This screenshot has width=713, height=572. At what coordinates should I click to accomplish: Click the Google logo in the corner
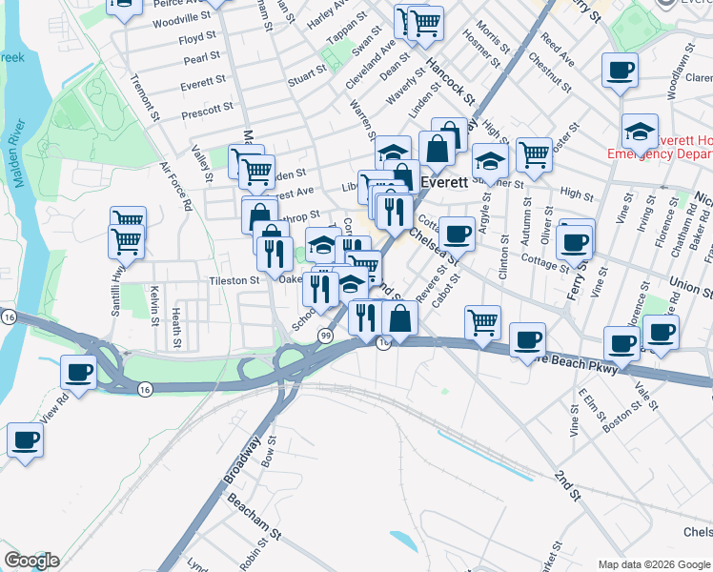click(31, 561)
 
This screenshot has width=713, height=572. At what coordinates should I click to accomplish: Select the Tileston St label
click(234, 281)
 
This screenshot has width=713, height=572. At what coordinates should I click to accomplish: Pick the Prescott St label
click(207, 111)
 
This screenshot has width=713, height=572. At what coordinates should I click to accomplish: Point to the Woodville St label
click(181, 18)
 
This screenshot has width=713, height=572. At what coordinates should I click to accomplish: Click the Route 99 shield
click(326, 336)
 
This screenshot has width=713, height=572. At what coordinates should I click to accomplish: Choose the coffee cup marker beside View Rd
click(77, 373)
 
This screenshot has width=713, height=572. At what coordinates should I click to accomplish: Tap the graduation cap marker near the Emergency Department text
click(640, 132)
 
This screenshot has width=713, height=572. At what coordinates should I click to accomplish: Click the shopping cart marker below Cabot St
click(483, 322)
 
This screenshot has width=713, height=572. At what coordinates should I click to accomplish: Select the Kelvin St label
click(153, 303)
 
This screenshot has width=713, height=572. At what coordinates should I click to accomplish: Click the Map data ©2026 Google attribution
click(654, 563)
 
